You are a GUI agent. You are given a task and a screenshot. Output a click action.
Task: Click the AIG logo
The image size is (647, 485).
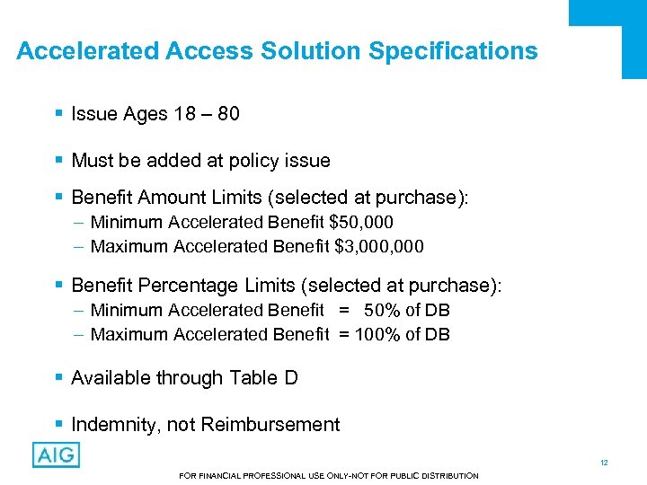click(x=56, y=454)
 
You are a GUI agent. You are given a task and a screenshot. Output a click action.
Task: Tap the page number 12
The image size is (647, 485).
click(x=605, y=463)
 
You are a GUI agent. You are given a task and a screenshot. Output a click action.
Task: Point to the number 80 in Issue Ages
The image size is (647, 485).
click(x=227, y=114)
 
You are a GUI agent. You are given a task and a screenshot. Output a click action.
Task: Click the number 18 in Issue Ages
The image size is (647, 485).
click(x=180, y=114)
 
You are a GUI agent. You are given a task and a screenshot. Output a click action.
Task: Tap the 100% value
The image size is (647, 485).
click(x=377, y=334)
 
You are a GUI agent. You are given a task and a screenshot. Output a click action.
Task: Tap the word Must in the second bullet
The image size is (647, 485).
click(x=92, y=161)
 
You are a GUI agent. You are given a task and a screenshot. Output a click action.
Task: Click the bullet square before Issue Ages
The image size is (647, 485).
click(x=58, y=114)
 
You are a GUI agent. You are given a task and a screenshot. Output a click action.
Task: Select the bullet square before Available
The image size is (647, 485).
click(x=58, y=378)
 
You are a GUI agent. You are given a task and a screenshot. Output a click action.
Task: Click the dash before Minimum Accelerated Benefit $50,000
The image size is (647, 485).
click(x=78, y=222)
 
